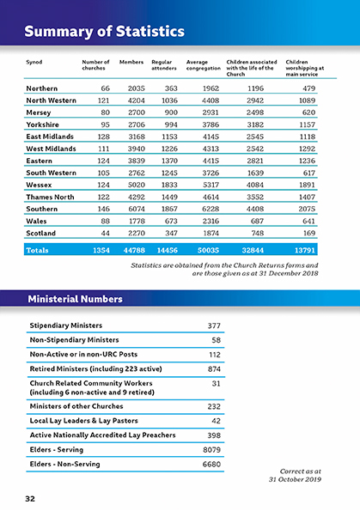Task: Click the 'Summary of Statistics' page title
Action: point(104,33)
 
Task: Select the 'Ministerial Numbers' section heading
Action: point(75,299)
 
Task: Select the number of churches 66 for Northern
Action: point(105,88)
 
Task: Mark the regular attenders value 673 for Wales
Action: point(168,221)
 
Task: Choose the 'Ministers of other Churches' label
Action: point(76,406)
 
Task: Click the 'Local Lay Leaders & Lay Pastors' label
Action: point(82,421)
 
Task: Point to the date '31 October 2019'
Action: point(293,478)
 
